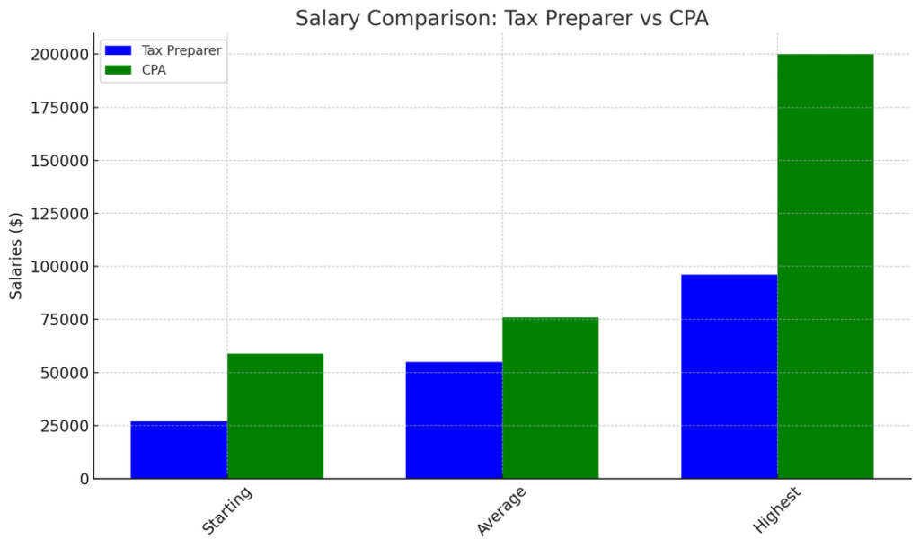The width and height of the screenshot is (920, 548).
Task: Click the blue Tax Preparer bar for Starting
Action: point(179,450)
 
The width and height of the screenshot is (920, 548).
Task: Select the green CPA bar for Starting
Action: point(275,416)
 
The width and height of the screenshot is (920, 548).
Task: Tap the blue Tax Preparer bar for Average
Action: point(454,420)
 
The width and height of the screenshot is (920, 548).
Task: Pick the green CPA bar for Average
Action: point(550,398)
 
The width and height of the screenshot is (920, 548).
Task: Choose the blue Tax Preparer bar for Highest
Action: point(729,376)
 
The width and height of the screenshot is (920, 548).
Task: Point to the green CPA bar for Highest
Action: point(825,266)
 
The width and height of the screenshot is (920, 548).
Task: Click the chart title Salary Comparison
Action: point(502,18)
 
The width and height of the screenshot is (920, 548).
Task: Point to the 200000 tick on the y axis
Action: point(60,55)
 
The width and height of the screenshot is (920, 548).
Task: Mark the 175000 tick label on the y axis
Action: point(60,108)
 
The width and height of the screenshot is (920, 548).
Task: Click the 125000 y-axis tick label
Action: point(60,214)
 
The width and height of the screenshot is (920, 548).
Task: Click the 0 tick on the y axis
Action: point(84,479)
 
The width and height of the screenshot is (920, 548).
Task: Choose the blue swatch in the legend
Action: point(118,50)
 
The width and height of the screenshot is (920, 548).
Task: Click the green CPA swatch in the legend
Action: point(118,68)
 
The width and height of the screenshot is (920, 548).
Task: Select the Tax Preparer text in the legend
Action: point(181,50)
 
